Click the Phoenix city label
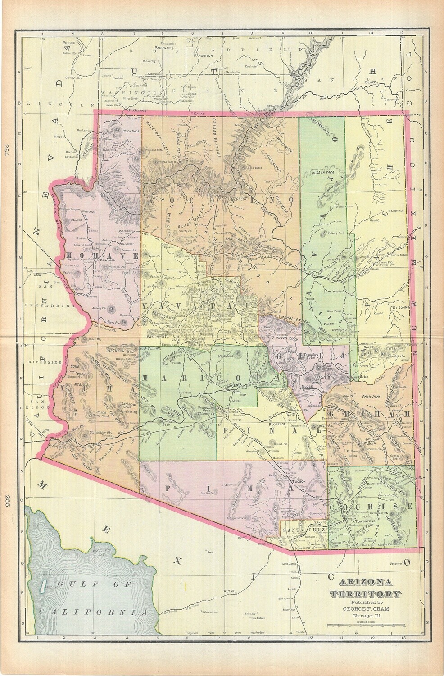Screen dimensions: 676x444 (233, 386)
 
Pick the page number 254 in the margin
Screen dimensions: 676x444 (7, 150)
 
